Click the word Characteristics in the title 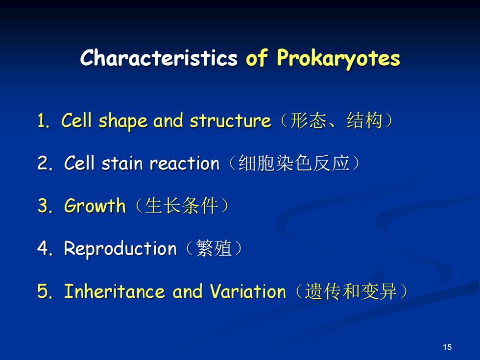pyautogui.click(x=159, y=58)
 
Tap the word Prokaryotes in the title pyautogui.click(x=338, y=58)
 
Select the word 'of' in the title pyautogui.click(x=257, y=57)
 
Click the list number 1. pyautogui.click(x=43, y=120)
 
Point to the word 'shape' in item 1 pyautogui.click(x=123, y=121)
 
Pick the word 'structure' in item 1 pyautogui.click(x=230, y=121)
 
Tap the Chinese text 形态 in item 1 pyautogui.click(x=308, y=120)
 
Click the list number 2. pyautogui.click(x=45, y=163)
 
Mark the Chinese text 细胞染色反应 pyautogui.click(x=294, y=163)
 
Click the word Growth pyautogui.click(x=95, y=205)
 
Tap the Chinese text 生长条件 pyautogui.click(x=181, y=205)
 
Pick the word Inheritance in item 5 pyautogui.click(x=115, y=291)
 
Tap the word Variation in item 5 pyautogui.click(x=248, y=291)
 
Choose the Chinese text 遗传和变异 pyautogui.click(x=351, y=291)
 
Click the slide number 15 pyautogui.click(x=447, y=347)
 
